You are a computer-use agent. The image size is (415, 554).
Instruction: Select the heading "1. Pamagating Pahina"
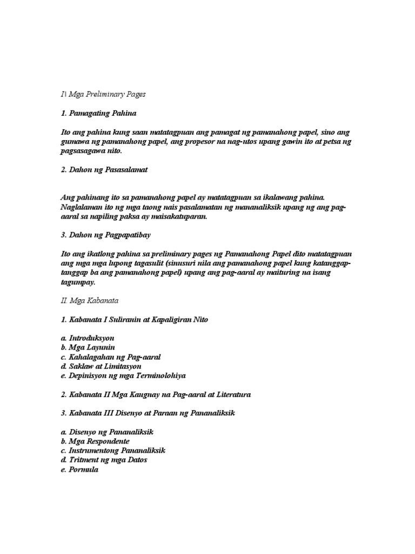pos(98,114)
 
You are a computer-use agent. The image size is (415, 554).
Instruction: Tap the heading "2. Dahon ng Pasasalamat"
pos(104,170)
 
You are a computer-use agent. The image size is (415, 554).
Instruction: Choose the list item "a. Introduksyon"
pos(88,338)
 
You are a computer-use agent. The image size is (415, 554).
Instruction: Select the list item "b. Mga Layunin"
pos(88,347)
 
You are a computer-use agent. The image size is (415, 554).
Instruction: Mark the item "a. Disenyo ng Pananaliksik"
pos(108,432)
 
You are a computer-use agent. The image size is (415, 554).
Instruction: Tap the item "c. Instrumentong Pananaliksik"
pos(112,451)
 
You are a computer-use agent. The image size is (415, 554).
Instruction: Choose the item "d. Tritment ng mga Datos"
pos(104,460)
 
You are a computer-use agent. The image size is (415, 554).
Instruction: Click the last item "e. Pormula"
pos(79,470)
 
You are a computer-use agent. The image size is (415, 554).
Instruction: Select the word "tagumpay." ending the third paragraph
pos(78,282)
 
